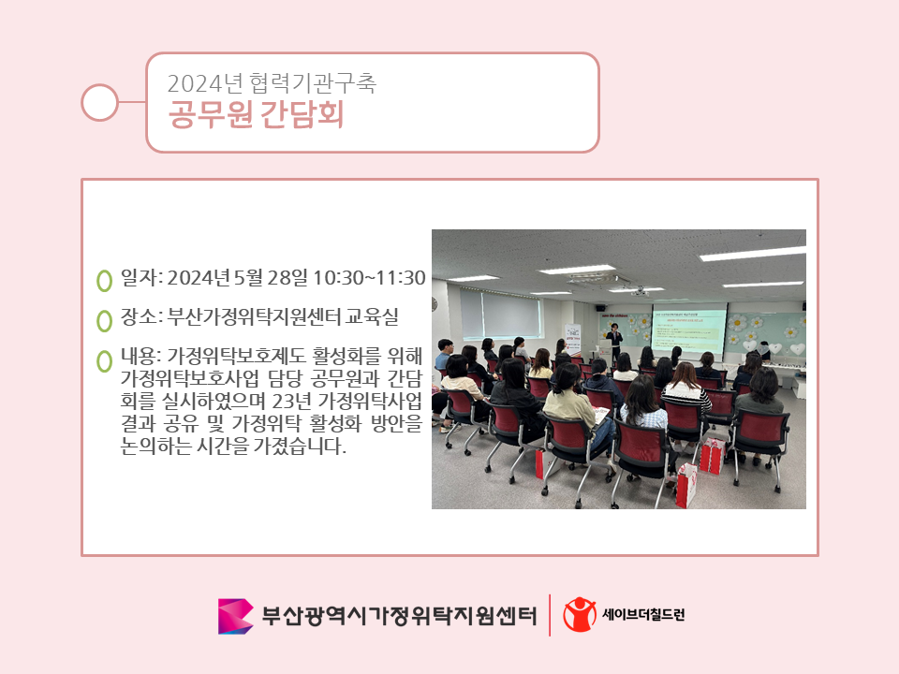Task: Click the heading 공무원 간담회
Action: tap(256, 114)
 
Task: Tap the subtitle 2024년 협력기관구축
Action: tap(272, 83)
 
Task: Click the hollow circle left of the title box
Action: tap(99, 103)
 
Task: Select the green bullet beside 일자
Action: tap(104, 281)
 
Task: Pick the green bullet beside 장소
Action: tap(104, 321)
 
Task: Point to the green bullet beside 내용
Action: tap(104, 361)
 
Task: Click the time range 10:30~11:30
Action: tap(369, 278)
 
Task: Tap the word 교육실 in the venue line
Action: tap(372, 316)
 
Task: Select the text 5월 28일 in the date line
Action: tap(271, 278)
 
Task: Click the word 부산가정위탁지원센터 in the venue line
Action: tap(254, 316)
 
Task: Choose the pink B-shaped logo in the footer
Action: tap(235, 616)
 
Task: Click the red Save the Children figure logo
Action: tap(579, 614)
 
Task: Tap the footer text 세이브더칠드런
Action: tap(643, 614)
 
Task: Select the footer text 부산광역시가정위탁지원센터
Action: tap(399, 616)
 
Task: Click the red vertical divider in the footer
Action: tap(550, 615)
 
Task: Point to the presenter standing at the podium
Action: tap(614, 342)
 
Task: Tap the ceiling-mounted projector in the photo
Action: tap(639, 292)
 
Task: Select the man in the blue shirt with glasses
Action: tap(444, 354)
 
